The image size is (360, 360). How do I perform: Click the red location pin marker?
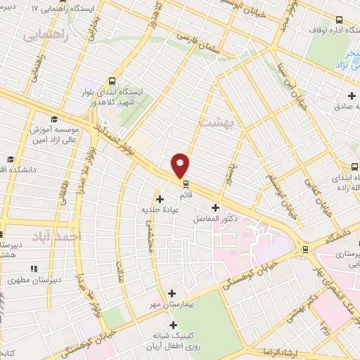tap(181, 165)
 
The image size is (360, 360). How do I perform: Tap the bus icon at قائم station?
tap(186, 184)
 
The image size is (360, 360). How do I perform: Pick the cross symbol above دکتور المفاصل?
tap(214, 207)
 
